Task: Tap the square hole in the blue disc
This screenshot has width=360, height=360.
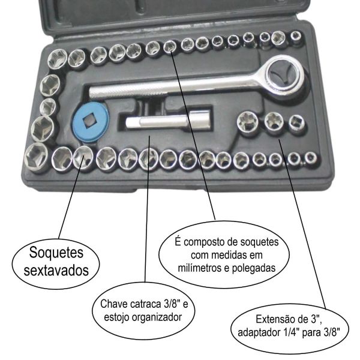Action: click(x=89, y=121)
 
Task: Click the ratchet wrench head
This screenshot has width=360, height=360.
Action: click(x=285, y=76)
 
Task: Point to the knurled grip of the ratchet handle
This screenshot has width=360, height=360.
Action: click(x=128, y=89)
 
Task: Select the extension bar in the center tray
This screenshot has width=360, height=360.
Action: click(x=167, y=121)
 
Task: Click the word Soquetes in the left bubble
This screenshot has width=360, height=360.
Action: click(x=56, y=253)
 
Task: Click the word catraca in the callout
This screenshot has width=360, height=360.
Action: click(x=146, y=304)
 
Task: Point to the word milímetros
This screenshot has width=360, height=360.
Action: click(x=200, y=268)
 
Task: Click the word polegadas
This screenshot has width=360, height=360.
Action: click(x=254, y=268)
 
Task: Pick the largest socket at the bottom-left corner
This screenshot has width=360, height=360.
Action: click(x=36, y=155)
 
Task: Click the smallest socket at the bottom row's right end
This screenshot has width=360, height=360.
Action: click(x=311, y=158)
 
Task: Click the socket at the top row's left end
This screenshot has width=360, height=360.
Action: click(x=57, y=59)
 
